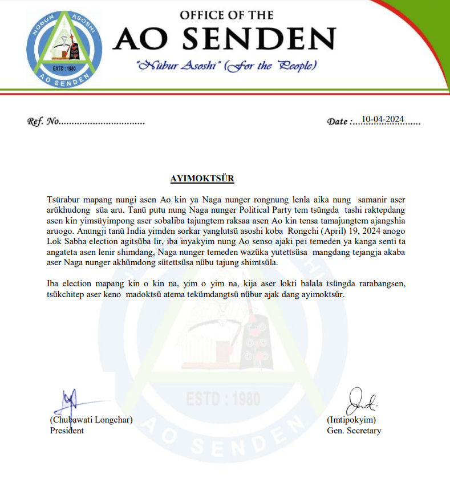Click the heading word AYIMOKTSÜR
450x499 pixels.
[202, 178]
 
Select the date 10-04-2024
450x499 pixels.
[383, 119]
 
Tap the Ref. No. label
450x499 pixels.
[43, 121]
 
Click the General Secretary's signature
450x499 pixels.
[362, 400]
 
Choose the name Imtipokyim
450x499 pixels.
[351, 420]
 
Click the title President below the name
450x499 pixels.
[67, 431]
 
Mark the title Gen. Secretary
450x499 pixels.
[354, 431]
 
